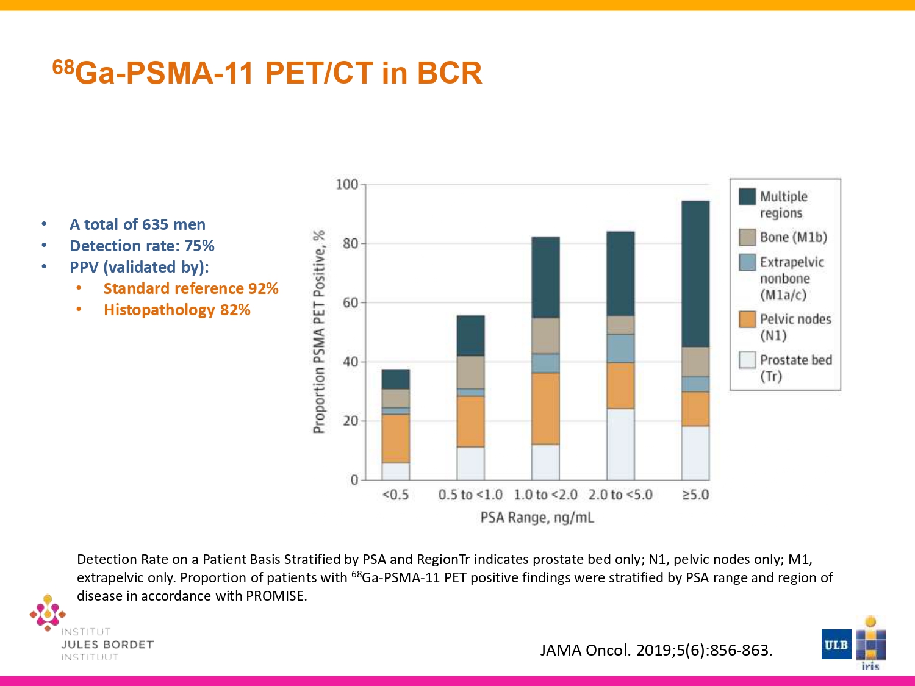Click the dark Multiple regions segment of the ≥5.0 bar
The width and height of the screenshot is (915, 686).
695,274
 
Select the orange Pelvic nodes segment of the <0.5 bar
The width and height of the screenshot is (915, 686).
396,438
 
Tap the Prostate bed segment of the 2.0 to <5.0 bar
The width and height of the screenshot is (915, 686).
621,445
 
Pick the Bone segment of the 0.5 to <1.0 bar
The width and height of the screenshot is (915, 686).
471,373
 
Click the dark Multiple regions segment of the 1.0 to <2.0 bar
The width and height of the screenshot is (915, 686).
546,278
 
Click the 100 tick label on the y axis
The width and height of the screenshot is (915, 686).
347,184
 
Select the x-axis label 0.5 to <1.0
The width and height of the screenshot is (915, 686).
470,495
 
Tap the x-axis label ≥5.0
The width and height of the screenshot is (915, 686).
695,495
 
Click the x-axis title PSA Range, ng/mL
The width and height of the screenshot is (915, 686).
537,518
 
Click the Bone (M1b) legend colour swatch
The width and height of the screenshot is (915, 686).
747,237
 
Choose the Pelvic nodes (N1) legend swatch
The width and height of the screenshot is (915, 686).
747,320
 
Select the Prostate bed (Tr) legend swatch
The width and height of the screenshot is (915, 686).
747,360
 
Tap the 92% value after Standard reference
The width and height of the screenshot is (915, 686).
264,288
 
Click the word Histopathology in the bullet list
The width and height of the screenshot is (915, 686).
159,310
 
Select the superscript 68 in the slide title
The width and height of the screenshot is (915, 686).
63,66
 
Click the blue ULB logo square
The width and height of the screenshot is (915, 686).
836,645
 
